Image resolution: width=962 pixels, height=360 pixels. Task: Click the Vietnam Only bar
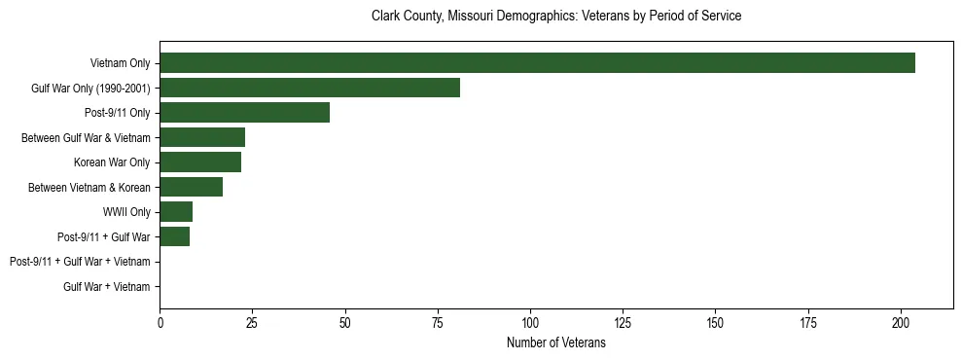tap(537, 63)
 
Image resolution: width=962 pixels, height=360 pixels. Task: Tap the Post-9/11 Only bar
tap(244, 112)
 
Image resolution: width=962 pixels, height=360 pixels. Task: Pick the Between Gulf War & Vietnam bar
tap(202, 137)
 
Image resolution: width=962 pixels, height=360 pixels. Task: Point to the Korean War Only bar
tap(200, 162)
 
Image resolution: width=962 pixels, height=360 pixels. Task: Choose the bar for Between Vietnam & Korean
tap(191, 187)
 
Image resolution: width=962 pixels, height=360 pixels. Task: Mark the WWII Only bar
tap(176, 211)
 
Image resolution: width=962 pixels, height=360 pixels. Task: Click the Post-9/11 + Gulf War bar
tap(174, 236)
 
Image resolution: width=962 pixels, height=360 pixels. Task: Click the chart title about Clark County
tap(556, 17)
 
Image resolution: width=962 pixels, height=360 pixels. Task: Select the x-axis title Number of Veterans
tap(556, 342)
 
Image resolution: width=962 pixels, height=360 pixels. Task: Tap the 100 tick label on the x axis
tap(530, 322)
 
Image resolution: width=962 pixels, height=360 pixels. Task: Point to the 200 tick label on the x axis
tap(901, 322)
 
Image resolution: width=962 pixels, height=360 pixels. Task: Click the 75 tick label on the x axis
tap(438, 322)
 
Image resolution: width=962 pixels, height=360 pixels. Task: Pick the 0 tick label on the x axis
tap(160, 322)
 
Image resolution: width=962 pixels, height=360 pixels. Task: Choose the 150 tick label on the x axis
tap(716, 322)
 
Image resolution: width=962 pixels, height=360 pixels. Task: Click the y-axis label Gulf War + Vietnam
tap(106, 286)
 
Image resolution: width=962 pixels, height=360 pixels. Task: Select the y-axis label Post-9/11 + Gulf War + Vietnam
tap(80, 262)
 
